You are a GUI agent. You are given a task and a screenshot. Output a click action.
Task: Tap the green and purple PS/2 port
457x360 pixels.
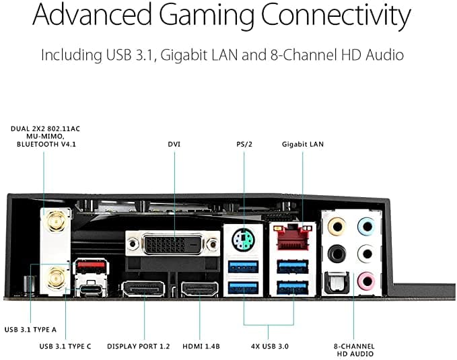(244, 240)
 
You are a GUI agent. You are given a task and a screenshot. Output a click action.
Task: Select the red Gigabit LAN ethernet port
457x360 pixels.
(293, 238)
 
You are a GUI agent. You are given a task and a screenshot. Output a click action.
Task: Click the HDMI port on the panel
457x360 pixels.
(200, 289)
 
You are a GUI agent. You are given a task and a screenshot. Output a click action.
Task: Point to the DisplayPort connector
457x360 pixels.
(143, 289)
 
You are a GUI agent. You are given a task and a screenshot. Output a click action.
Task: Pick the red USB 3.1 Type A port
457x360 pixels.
(91, 266)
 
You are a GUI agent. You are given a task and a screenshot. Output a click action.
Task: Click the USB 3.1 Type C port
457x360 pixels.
(91, 290)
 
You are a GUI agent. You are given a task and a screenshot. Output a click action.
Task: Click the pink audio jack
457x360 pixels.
(366, 281)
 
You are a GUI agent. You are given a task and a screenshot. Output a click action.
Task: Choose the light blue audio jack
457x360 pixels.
(366, 226)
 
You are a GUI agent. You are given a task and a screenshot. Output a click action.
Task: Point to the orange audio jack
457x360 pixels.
(337, 226)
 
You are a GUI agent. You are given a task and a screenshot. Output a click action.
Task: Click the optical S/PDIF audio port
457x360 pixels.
(337, 282)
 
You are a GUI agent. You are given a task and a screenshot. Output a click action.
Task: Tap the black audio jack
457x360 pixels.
(337, 253)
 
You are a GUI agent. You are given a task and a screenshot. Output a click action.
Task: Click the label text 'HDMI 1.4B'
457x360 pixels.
(201, 347)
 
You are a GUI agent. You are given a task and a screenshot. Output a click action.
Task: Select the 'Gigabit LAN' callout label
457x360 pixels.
(303, 144)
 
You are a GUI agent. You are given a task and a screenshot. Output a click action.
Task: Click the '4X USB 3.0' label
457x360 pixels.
(270, 347)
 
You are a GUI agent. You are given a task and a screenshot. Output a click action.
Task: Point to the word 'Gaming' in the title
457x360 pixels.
(207, 15)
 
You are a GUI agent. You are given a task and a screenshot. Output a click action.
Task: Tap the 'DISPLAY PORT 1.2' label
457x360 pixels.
(139, 347)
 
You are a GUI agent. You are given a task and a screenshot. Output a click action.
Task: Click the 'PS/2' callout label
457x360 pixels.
(244, 144)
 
